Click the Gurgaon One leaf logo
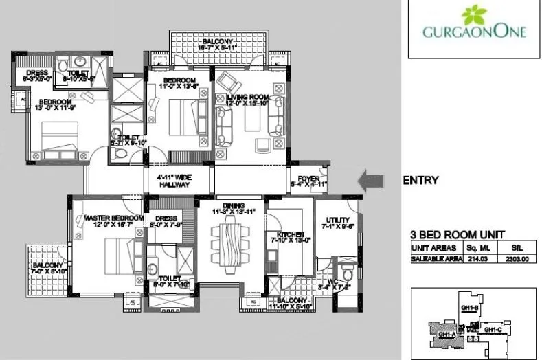tap(473, 15)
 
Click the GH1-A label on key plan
tap(444, 335)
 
